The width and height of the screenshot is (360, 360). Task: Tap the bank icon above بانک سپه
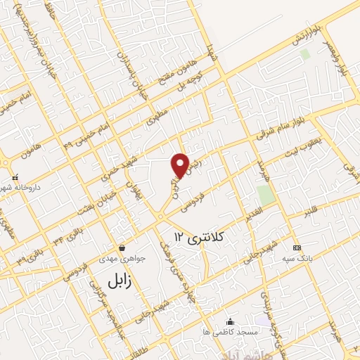[297, 247]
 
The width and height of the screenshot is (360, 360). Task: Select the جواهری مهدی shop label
[124, 257]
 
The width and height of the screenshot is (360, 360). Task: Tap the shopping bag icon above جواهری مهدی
[123, 247]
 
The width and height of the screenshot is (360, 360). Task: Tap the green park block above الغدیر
[265, 195]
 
